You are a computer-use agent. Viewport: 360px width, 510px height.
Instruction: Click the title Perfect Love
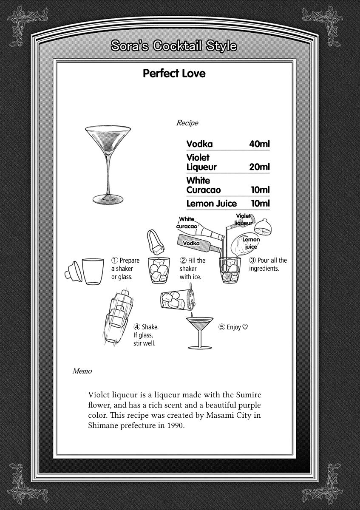[174, 74]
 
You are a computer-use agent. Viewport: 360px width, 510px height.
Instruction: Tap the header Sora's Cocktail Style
[173, 46]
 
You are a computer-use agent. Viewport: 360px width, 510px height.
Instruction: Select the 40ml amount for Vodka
[259, 144]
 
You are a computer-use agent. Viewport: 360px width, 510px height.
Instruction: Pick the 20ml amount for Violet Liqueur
[259, 167]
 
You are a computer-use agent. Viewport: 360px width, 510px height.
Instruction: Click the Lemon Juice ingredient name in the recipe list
[211, 204]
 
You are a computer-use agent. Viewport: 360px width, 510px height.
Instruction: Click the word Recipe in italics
[187, 123]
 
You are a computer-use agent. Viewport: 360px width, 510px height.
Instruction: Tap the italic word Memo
[82, 371]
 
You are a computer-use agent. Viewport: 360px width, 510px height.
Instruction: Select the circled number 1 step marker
[114, 261]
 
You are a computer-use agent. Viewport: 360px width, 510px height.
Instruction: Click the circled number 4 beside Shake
[137, 327]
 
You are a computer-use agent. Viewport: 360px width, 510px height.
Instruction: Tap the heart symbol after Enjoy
[245, 327]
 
